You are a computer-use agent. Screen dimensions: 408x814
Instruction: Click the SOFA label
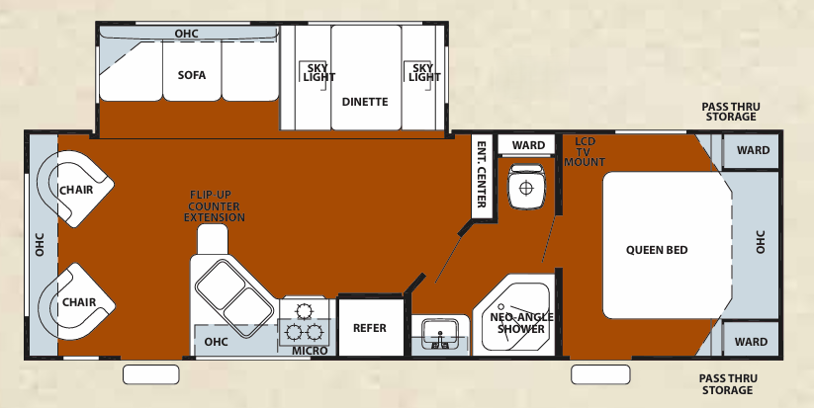192,75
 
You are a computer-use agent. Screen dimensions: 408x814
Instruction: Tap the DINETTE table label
365,102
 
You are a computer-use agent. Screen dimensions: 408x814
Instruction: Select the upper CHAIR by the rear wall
77,189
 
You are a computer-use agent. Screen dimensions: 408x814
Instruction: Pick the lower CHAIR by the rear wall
77,301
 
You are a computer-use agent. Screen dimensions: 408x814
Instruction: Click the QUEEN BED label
657,250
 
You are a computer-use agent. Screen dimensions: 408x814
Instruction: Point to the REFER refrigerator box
370,328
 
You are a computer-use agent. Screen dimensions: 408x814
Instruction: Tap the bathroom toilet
527,186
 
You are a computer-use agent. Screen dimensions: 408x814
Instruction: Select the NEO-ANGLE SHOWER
516,321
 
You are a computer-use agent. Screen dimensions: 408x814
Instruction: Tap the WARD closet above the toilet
528,145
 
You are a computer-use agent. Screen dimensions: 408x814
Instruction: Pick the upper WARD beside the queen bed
753,151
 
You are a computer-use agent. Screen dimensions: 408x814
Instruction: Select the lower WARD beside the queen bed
752,342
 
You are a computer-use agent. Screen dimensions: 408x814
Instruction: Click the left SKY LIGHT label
314,72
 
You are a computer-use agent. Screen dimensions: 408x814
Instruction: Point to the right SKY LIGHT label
422,72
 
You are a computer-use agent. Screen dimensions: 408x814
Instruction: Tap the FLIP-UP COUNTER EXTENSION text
215,205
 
